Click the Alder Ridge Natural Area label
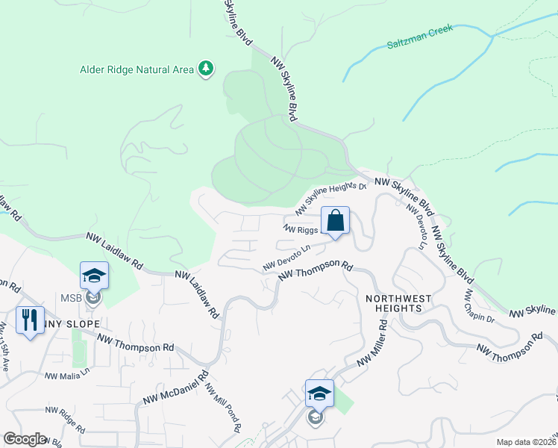(x=137, y=70)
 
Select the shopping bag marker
(x=336, y=221)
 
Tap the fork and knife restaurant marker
(x=30, y=320)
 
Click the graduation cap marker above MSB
(x=95, y=276)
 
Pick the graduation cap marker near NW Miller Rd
(x=319, y=393)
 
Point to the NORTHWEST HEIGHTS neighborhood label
(x=398, y=304)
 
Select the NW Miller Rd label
(x=373, y=345)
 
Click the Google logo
(x=25, y=439)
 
